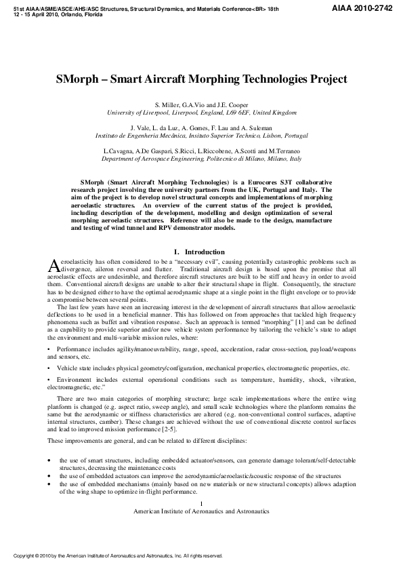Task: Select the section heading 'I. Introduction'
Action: (201, 252)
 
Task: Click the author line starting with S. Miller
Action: (202, 105)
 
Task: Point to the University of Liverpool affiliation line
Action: (202, 113)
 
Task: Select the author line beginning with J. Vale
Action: (202, 127)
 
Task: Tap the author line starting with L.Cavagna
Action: (202, 150)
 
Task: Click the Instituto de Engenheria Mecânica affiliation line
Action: (202, 135)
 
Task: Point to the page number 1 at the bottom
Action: (202, 502)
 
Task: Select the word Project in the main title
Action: (326, 79)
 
